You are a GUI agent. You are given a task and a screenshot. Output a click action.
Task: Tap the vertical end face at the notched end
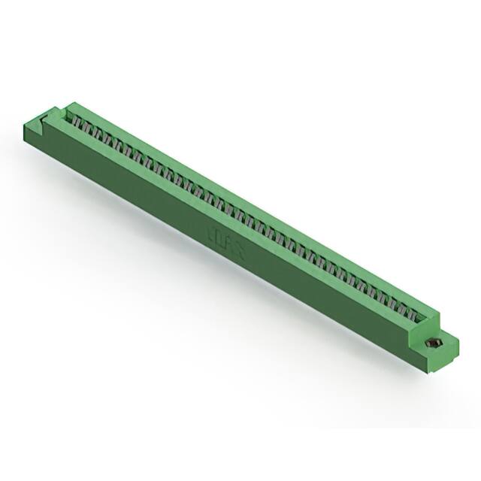click(34, 135)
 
